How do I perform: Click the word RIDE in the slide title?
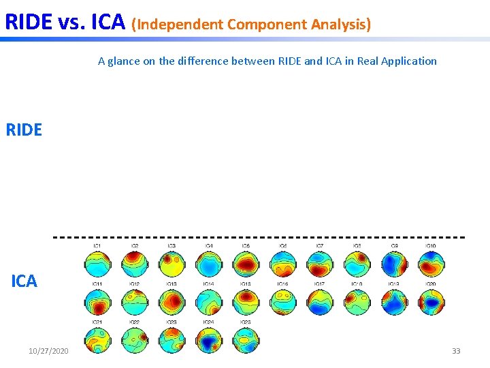tap(28, 22)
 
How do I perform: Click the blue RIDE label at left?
tap(24, 129)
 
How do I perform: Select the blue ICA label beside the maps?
tap(24, 281)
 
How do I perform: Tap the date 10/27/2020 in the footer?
tap(48, 350)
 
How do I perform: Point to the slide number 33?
tap(456, 350)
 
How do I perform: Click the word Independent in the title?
tap(180, 25)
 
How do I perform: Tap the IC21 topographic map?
tap(97, 339)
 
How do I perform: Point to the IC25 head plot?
tap(245, 339)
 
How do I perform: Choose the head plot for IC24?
tap(208, 339)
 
